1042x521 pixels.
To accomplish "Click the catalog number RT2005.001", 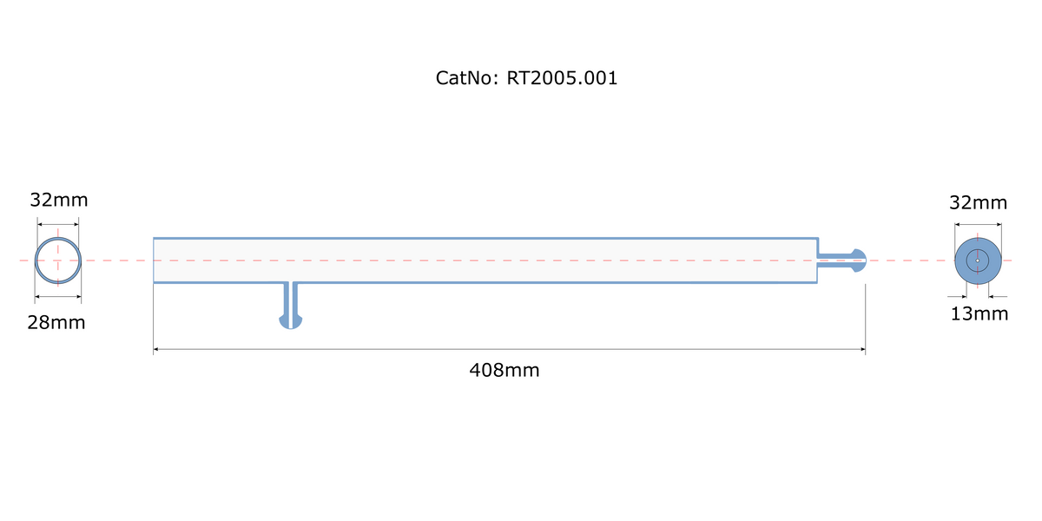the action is pyautogui.click(x=562, y=78).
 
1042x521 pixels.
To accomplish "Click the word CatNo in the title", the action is pyautogui.click(x=464, y=78).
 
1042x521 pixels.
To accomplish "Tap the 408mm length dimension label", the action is pyautogui.click(x=505, y=370).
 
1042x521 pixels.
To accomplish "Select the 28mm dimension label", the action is pyautogui.click(x=56, y=322).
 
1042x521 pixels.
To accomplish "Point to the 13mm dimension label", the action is pyautogui.click(x=979, y=314).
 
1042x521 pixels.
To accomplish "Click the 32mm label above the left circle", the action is pyautogui.click(x=59, y=200).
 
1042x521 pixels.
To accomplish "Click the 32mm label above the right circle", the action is pyautogui.click(x=978, y=203).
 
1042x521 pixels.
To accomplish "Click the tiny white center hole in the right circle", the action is pyautogui.click(x=978, y=260).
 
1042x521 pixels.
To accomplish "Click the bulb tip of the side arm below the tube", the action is pyautogui.click(x=291, y=322).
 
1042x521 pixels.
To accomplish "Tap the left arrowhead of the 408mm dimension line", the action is pyautogui.click(x=155, y=349).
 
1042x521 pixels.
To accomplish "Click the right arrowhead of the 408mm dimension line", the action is pyautogui.click(x=863, y=349).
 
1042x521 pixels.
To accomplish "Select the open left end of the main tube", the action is pyautogui.click(x=154, y=260).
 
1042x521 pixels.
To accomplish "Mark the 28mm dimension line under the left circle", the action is pyautogui.click(x=58, y=296).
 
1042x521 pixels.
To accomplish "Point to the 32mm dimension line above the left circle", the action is pyautogui.click(x=58, y=224).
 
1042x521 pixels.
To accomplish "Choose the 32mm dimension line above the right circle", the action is pyautogui.click(x=978, y=224).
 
